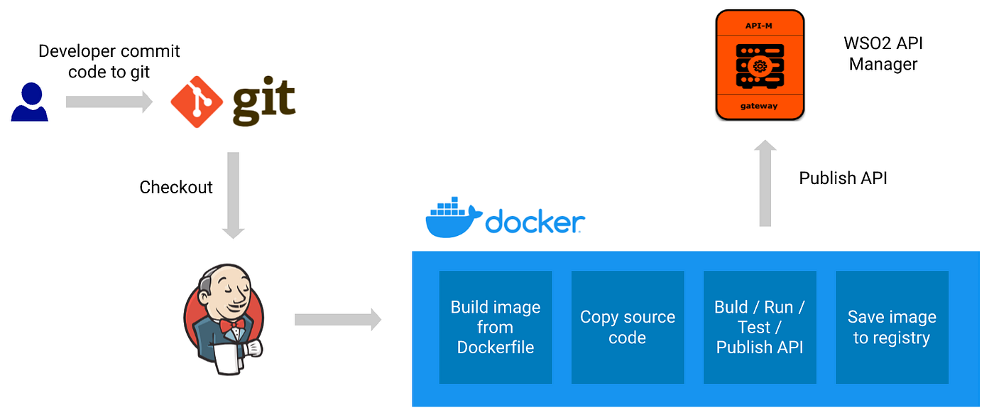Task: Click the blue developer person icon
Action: pyautogui.click(x=30, y=102)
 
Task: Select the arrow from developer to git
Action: pyautogui.click(x=109, y=102)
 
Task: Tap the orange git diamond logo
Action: pyautogui.click(x=196, y=102)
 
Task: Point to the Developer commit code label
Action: pyautogui.click(x=109, y=61)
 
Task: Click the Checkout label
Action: pyautogui.click(x=176, y=187)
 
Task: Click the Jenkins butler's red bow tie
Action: pyautogui.click(x=232, y=325)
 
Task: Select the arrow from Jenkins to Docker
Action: pyautogui.click(x=338, y=320)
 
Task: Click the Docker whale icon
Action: pyautogui.click(x=453, y=218)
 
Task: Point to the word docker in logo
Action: pyautogui.click(x=535, y=222)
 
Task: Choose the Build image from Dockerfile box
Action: pyautogui.click(x=496, y=327)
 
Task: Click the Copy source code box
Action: pyautogui.click(x=628, y=327)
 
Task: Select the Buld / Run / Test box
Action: pyautogui.click(x=760, y=327)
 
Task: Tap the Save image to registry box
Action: pyautogui.click(x=892, y=327)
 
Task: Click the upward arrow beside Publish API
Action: pyautogui.click(x=765, y=183)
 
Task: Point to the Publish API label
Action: pyautogui.click(x=843, y=178)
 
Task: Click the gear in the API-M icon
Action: pyautogui.click(x=760, y=66)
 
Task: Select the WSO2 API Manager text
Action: pyautogui.click(x=883, y=53)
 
